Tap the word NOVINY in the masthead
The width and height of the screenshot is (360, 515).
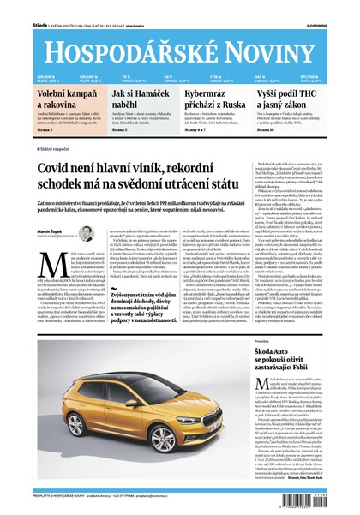280,34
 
